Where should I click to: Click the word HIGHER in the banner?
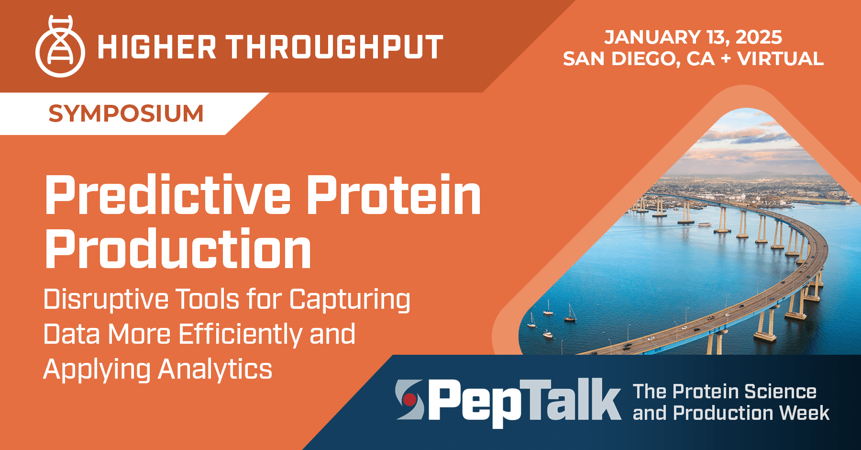(x=157, y=47)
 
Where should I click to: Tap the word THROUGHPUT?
(x=334, y=47)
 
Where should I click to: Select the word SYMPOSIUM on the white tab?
(x=126, y=114)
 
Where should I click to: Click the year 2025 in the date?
(x=759, y=37)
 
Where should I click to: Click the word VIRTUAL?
(x=780, y=59)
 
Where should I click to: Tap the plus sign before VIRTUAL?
(x=726, y=59)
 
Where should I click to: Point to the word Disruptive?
(x=106, y=300)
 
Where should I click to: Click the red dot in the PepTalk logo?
(x=409, y=399)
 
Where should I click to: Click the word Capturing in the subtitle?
(x=350, y=300)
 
